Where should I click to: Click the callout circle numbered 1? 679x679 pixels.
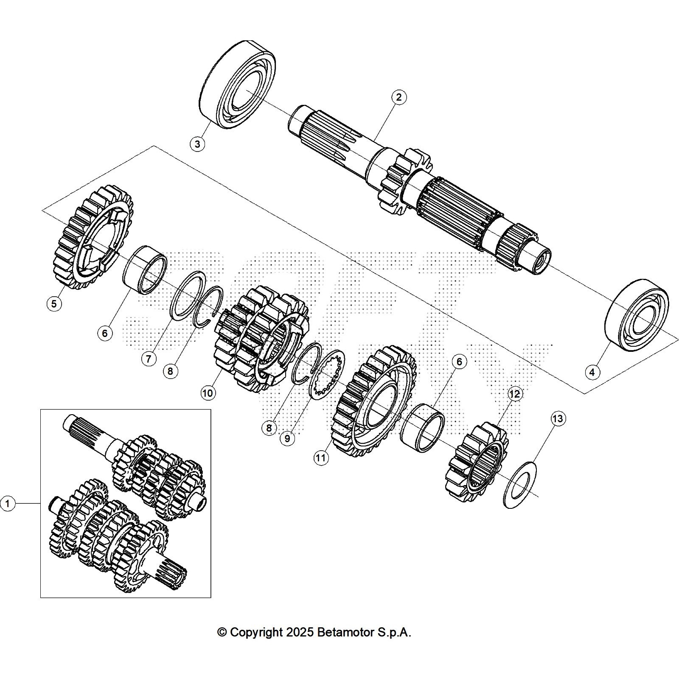pos(8,504)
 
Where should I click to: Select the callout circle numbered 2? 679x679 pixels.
pos(398,97)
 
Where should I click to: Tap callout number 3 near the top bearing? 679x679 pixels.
pos(197,144)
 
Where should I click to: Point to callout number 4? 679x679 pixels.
pos(592,372)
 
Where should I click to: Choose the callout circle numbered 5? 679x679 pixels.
pos(54,304)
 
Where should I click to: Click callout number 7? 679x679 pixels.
pos(149,359)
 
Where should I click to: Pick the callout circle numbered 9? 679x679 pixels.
pos(287,438)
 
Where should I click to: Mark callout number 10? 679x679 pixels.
pos(208,393)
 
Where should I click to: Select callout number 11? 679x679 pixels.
pos(321,457)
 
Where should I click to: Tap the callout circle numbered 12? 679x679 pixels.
pos(514,394)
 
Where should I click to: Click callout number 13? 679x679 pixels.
pos(558,419)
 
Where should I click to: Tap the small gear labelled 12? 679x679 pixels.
pos(477,460)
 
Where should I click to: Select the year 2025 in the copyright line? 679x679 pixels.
pos(300,632)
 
